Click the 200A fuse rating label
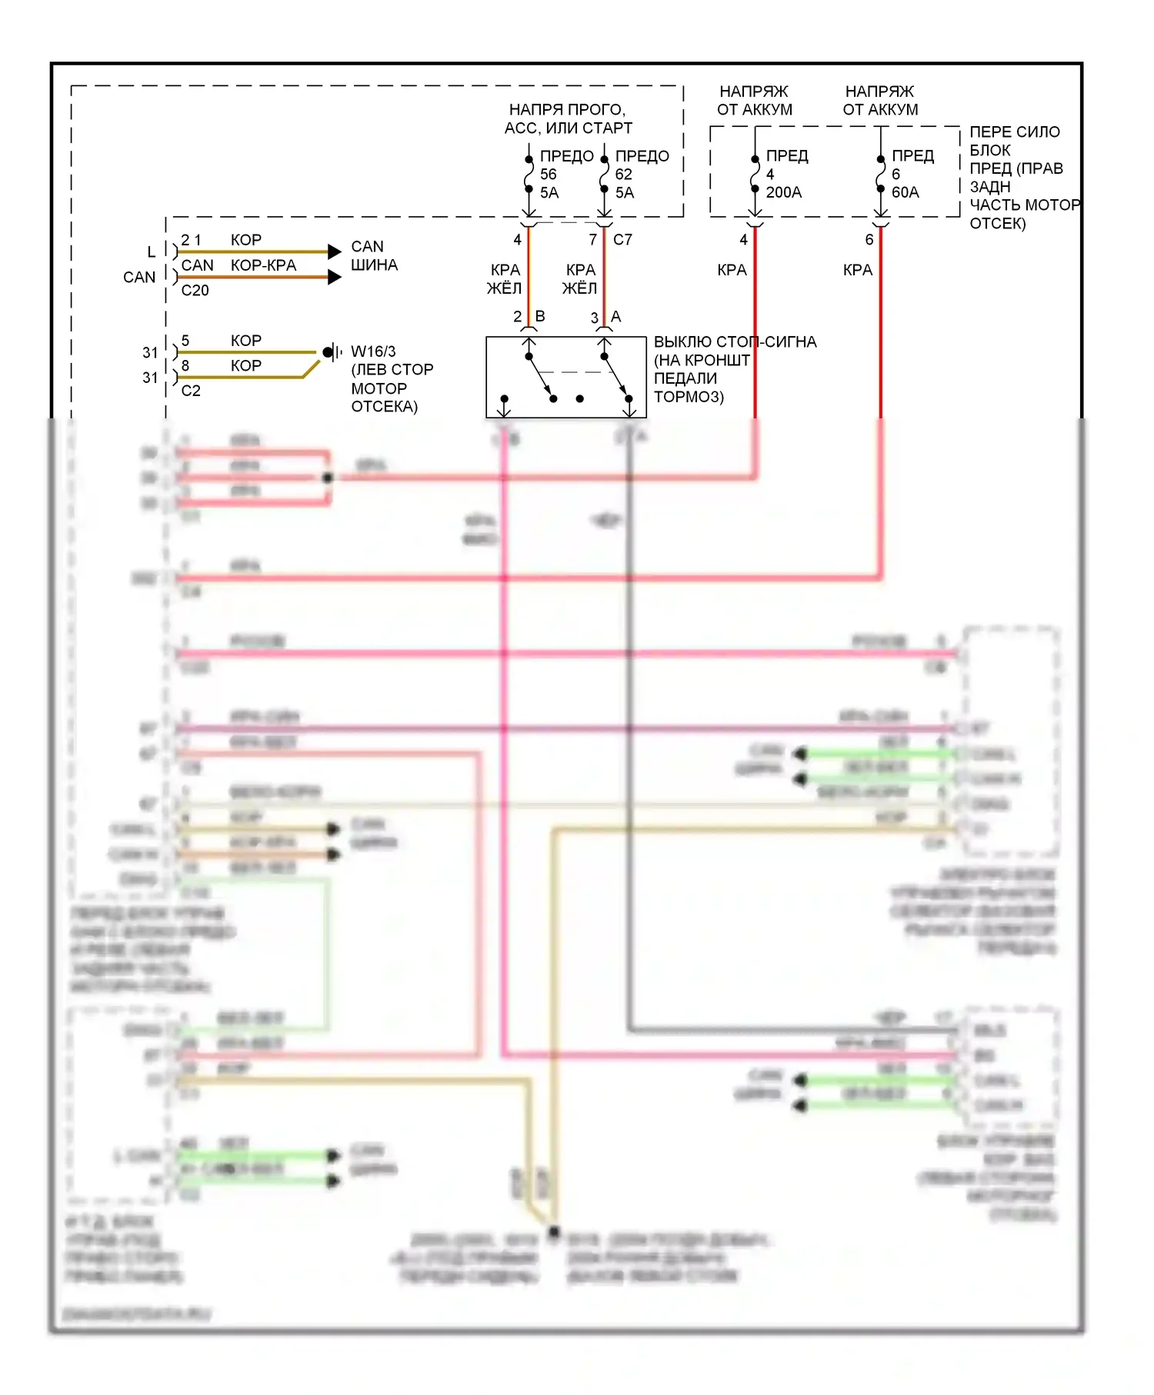(x=783, y=192)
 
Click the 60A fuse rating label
(x=905, y=192)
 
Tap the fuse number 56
(x=548, y=175)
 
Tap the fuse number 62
(x=623, y=175)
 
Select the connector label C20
(x=195, y=291)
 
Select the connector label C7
(x=622, y=240)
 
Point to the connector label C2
(x=191, y=391)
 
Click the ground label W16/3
(x=373, y=351)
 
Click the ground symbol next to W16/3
(x=332, y=352)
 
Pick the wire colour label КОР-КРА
(x=263, y=265)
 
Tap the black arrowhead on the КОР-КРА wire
(x=334, y=277)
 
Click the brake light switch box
(x=565, y=377)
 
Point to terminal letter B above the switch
(x=540, y=316)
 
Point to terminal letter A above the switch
(x=615, y=316)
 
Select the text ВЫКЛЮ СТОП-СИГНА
(x=735, y=341)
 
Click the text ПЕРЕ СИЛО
(x=1014, y=132)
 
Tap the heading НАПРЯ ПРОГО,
(x=567, y=109)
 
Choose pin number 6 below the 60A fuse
(x=869, y=240)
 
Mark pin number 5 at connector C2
(x=185, y=341)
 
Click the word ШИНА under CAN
(x=374, y=265)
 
